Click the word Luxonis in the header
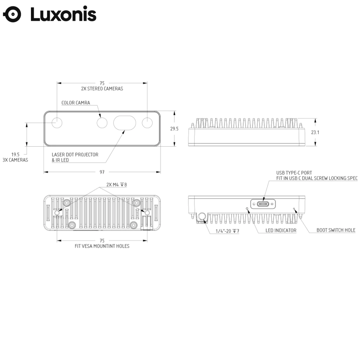[63, 15]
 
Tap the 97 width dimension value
[102, 172]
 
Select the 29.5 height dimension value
[174, 129]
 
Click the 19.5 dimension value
[15, 154]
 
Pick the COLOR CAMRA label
[76, 103]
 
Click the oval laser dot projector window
[124, 123]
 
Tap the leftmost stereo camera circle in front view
[57, 123]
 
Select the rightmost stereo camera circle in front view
[147, 123]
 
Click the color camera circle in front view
[102, 123]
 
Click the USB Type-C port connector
[263, 204]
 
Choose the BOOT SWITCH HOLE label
[336, 230]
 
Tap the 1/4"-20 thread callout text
[227, 231]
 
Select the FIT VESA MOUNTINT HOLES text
[102, 246]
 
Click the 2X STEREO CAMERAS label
[102, 89]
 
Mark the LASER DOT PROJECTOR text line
[75, 154]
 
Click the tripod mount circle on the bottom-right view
[202, 217]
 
